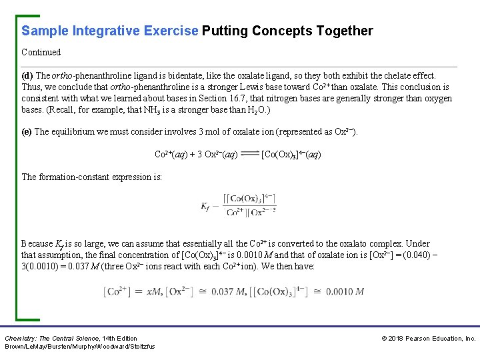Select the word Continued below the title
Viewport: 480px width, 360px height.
pos(41,52)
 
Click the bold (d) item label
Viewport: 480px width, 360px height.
pos(27,75)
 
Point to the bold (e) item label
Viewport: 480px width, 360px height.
pos(27,131)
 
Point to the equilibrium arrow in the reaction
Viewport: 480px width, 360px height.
pos(249,155)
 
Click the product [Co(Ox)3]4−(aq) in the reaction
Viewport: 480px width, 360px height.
pos(291,155)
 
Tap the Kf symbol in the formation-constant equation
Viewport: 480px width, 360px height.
pos(206,206)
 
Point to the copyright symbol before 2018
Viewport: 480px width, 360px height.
pos(384,339)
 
